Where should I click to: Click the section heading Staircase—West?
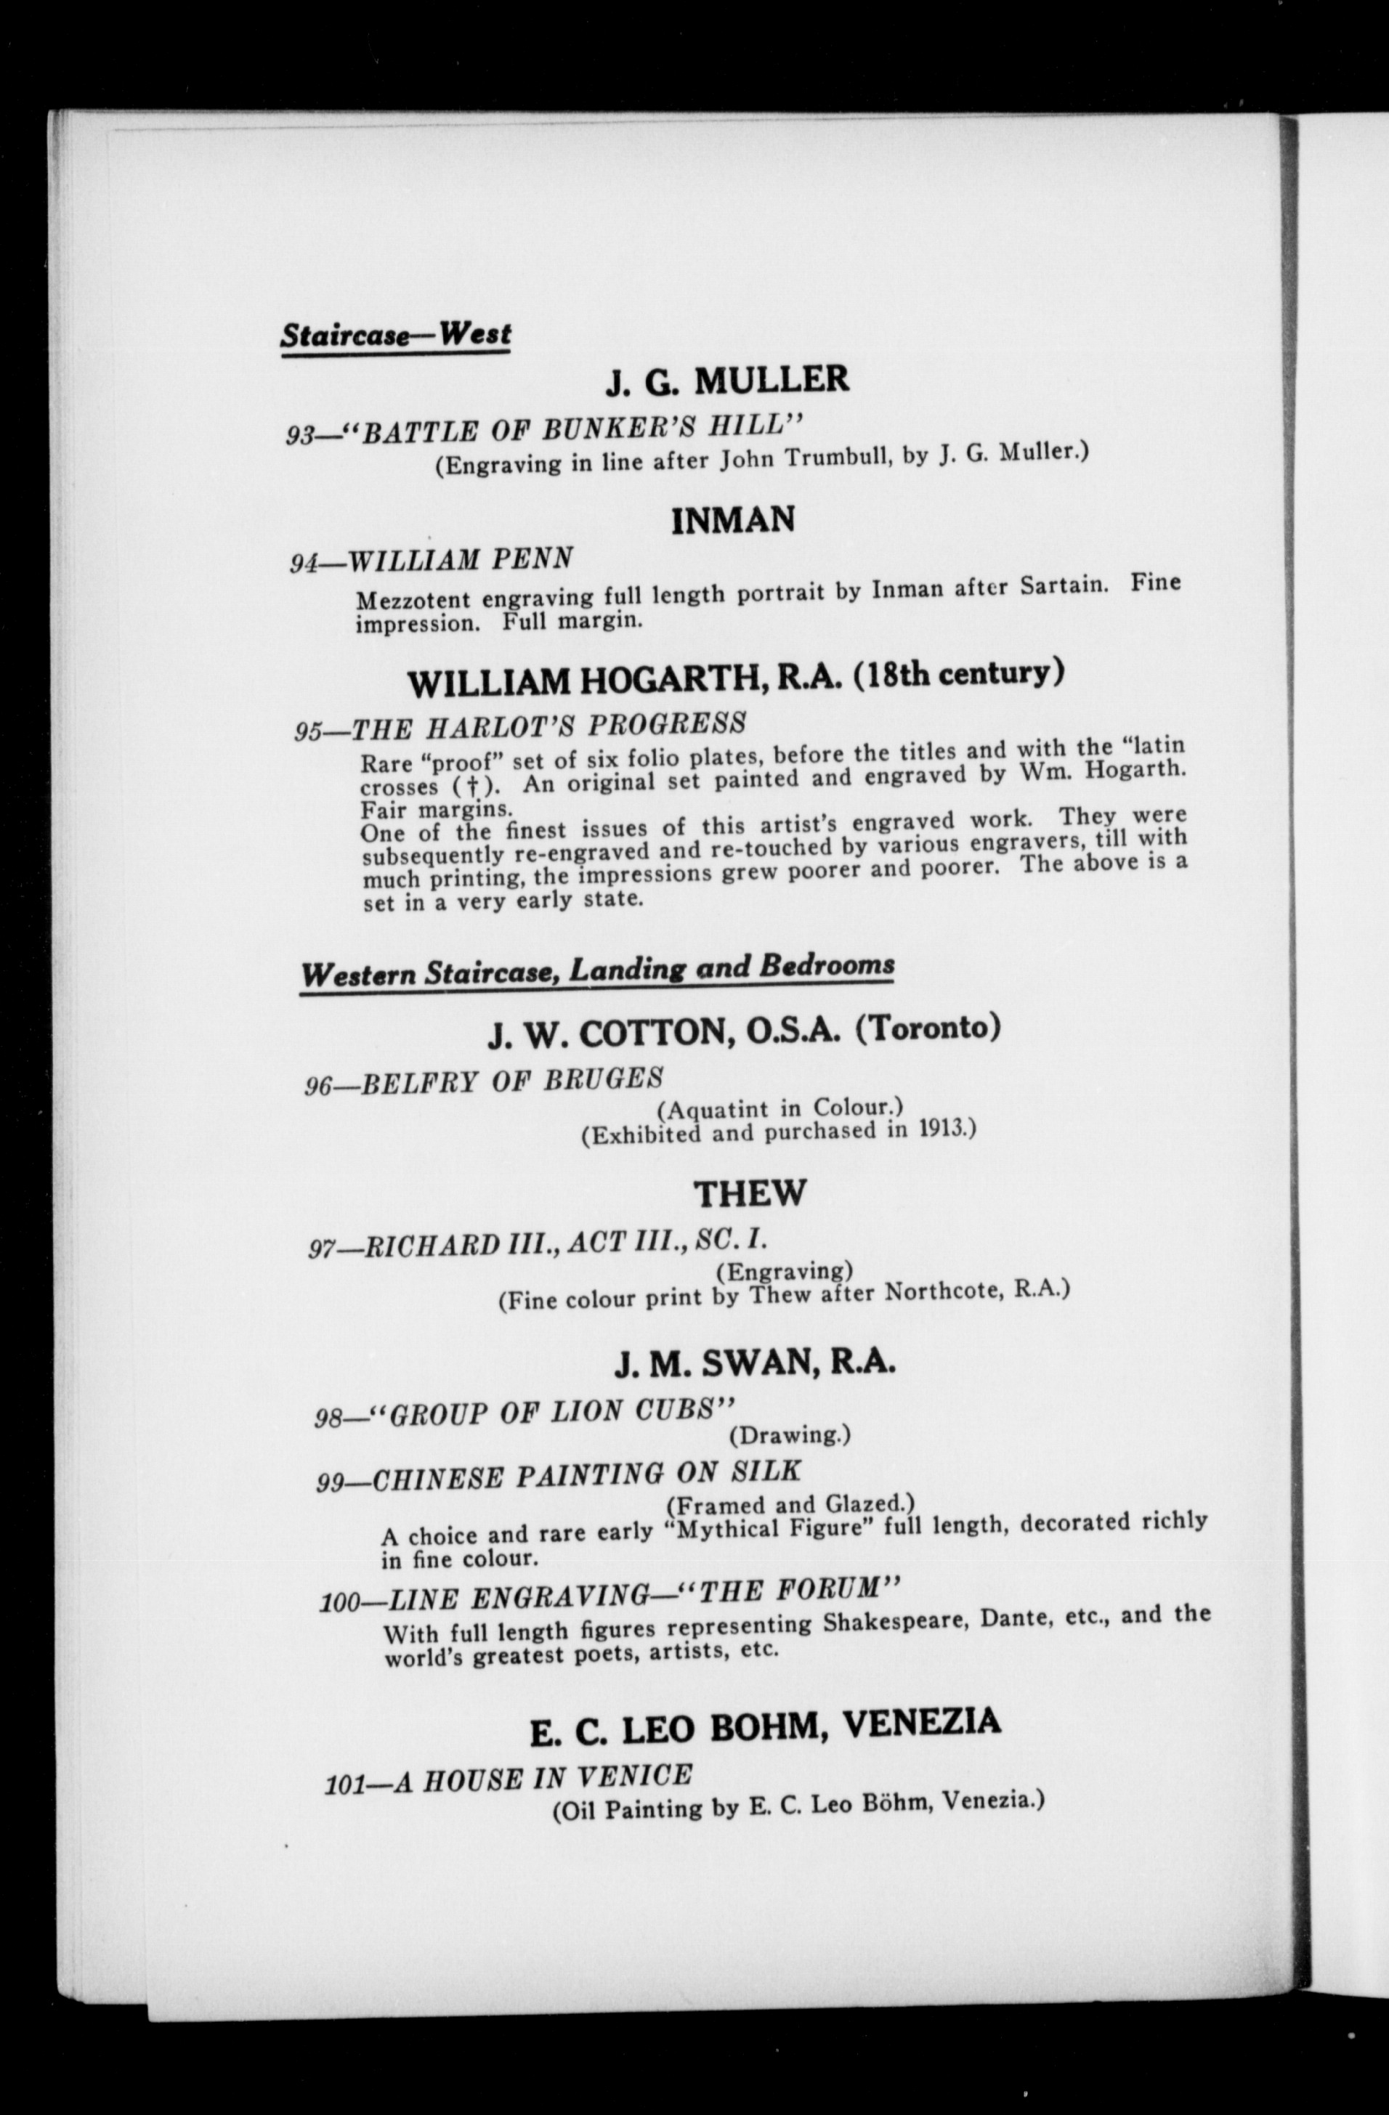[395, 335]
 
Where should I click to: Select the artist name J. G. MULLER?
[727, 381]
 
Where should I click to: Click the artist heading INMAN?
[732, 519]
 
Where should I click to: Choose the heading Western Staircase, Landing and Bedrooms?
[596, 970]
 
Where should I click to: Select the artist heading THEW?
[750, 1193]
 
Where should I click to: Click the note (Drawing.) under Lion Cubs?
[789, 1435]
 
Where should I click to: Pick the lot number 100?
[341, 1602]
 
